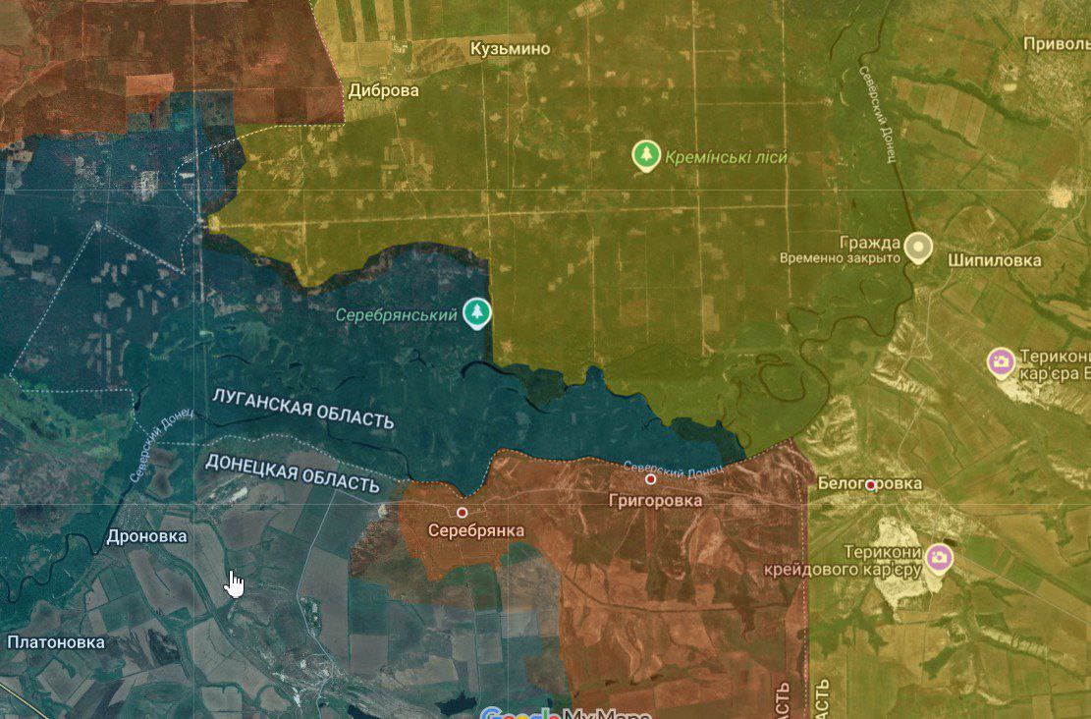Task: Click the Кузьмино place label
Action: [510, 49]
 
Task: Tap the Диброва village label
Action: [383, 90]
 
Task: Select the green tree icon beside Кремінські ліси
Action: [645, 155]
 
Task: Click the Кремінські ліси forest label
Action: [726, 157]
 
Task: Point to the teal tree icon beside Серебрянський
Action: [477, 313]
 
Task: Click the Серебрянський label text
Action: [396, 315]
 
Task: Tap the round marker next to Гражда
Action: [918, 247]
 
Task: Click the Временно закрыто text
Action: [840, 258]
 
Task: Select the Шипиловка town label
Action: [994, 260]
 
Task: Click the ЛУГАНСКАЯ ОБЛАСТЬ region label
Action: [303, 409]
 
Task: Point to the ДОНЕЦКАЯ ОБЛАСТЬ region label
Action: [292, 472]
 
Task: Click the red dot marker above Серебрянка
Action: [462, 513]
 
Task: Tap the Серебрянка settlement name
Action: [476, 530]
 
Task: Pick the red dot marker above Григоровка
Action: [650, 479]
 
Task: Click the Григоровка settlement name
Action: [655, 501]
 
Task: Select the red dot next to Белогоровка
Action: [871, 484]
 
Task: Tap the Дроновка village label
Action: [146, 537]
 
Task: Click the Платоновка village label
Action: [55, 642]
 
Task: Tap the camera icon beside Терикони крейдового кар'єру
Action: [939, 558]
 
